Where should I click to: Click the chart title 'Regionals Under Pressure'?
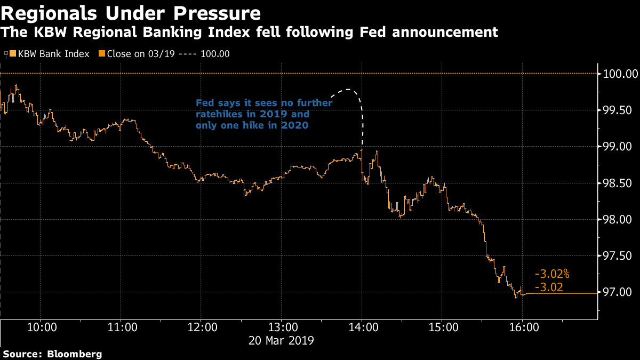point(131,12)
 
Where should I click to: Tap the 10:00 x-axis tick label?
point(42,327)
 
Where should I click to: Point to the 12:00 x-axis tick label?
point(202,327)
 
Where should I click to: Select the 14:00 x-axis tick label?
point(362,327)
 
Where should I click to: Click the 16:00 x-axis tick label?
point(522,327)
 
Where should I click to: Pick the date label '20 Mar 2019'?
point(282,340)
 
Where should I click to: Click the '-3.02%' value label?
point(552,275)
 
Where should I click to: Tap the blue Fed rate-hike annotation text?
point(264,114)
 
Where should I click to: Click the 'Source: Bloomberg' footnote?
point(52,354)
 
